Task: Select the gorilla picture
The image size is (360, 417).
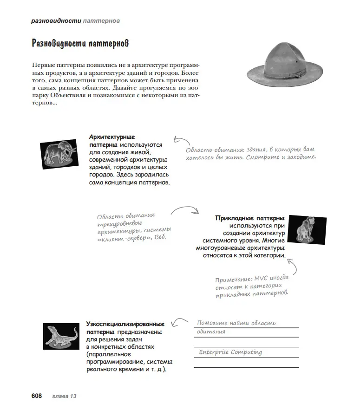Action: click(x=307, y=228)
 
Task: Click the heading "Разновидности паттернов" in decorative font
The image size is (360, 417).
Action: click(x=80, y=44)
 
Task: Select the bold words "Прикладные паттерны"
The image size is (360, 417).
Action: click(x=250, y=218)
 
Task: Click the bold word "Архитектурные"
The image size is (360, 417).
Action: click(x=111, y=137)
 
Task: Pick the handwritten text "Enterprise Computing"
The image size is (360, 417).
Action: click(x=230, y=352)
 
